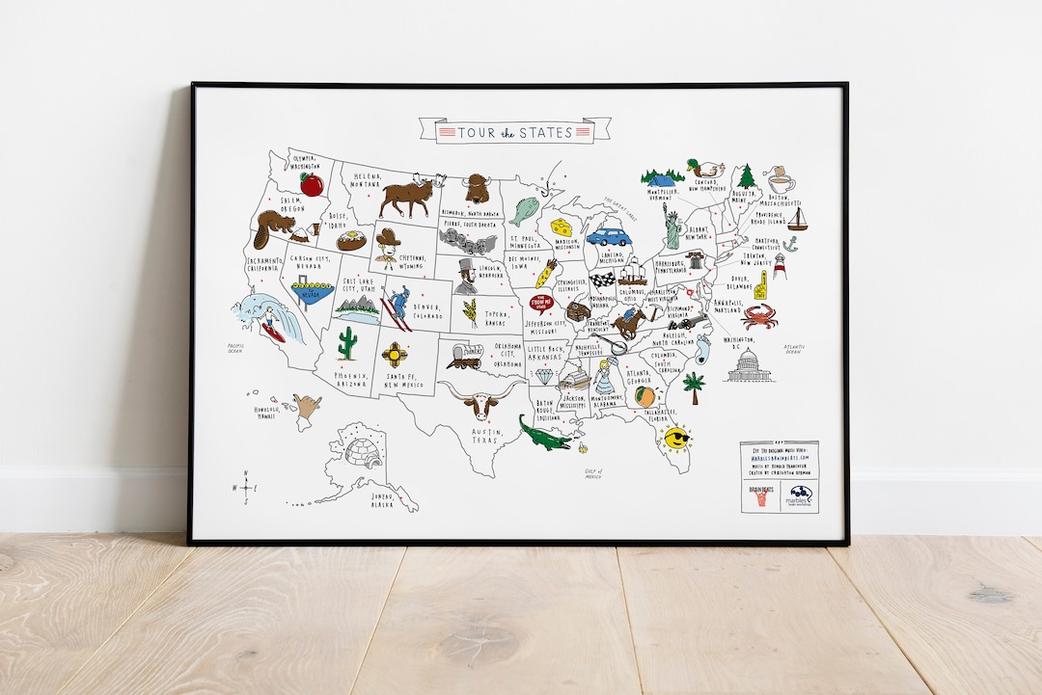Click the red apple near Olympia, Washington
coord(311,184)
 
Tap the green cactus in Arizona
coord(347,342)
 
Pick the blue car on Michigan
coord(608,236)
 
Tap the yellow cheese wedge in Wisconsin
coord(562,227)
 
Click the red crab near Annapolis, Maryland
coord(759,314)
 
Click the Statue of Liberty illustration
coord(671,227)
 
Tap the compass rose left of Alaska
coord(247,488)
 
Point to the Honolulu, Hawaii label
coord(273,413)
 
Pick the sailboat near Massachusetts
coord(798,219)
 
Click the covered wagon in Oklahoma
coord(464,357)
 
